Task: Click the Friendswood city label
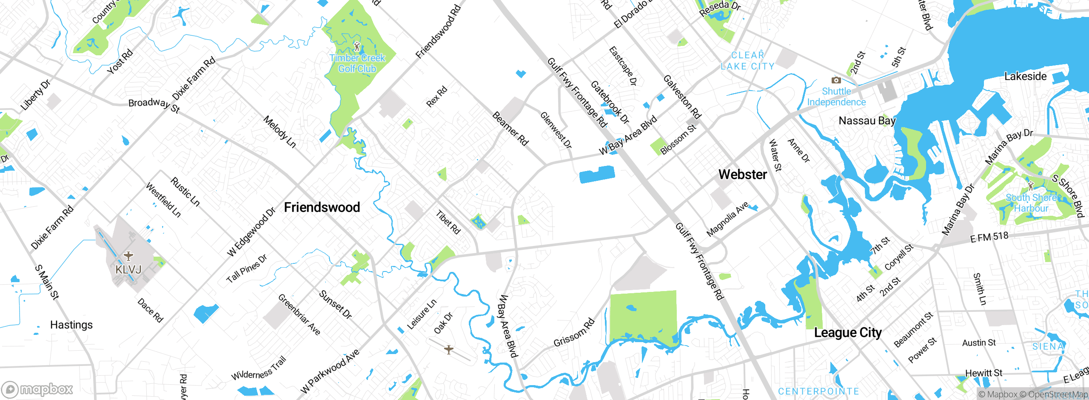point(322,207)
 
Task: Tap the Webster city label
point(742,174)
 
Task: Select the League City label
point(847,332)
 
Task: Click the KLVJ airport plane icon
point(128,256)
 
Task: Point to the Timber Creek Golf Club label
point(357,63)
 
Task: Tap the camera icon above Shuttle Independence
point(836,80)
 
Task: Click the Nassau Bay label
point(867,121)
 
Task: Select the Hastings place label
point(71,325)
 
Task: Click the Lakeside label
point(1025,76)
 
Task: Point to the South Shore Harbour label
point(1031,203)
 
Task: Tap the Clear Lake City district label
point(747,61)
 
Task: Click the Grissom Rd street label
point(574,332)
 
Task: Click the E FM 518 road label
point(989,237)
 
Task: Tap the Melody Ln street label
point(279,131)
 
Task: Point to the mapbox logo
point(37,389)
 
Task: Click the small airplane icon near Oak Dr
point(448,349)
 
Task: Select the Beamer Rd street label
point(510,129)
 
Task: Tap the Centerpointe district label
point(818,391)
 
